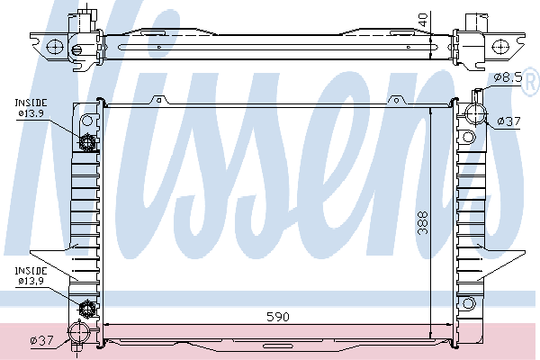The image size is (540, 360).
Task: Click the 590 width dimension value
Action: (278, 317)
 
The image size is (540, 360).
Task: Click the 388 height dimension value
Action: (423, 223)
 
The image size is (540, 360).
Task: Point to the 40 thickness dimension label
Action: (423, 20)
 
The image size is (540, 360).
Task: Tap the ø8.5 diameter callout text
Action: (508, 77)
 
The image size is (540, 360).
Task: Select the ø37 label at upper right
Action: (509, 121)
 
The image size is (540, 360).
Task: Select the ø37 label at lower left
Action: (42, 341)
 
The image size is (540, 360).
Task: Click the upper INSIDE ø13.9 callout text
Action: (31, 108)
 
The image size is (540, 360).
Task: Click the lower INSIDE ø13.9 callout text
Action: (31, 275)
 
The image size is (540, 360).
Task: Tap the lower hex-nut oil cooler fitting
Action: (86, 309)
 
